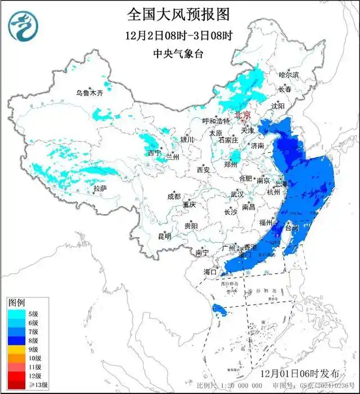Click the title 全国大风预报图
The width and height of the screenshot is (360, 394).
(x=178, y=13)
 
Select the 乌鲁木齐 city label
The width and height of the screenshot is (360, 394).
(x=90, y=93)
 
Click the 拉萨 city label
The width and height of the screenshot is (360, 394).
(x=100, y=188)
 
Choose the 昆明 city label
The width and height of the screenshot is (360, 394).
(x=164, y=236)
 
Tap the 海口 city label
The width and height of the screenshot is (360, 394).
(x=210, y=272)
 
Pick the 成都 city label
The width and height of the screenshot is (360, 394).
(x=174, y=196)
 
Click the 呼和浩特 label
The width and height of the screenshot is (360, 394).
(x=217, y=121)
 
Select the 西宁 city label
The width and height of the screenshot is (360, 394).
(x=154, y=153)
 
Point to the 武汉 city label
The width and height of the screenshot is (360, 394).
(x=237, y=194)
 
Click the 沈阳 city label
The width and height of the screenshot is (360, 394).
(x=278, y=106)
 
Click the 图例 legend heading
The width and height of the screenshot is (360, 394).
(x=16, y=303)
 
